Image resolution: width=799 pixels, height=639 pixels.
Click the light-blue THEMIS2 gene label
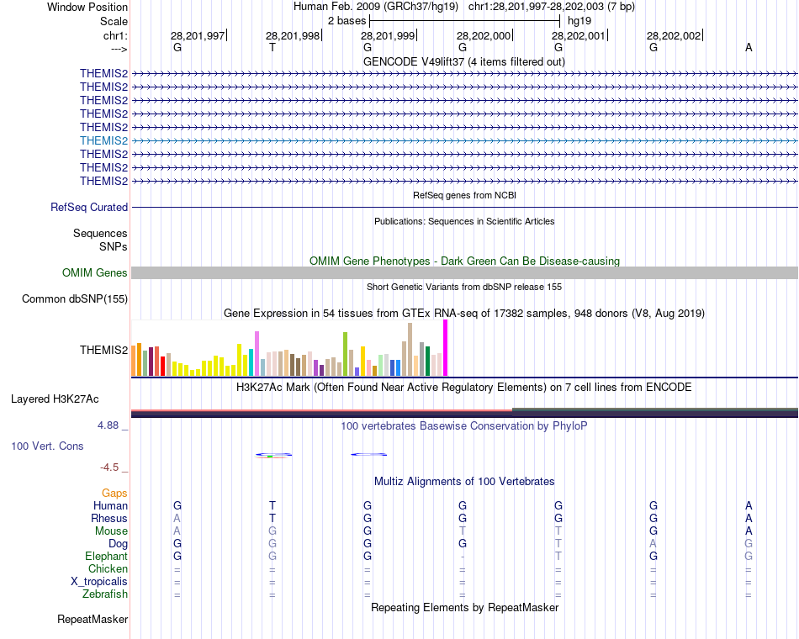point(103,140)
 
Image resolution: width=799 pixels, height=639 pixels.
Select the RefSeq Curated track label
point(89,207)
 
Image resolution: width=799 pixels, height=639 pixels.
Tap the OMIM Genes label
point(95,272)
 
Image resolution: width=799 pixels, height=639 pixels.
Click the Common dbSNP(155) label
point(75,298)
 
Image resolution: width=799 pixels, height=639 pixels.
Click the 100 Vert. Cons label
point(47,446)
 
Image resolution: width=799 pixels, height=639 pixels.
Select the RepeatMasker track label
point(93,620)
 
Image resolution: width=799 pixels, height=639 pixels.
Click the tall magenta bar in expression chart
point(445,348)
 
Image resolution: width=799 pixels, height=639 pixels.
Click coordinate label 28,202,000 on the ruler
point(484,35)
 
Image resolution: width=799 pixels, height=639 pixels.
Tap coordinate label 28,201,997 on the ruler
point(198,35)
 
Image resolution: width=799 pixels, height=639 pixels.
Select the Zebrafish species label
point(105,594)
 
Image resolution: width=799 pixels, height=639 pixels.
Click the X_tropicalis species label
point(99,582)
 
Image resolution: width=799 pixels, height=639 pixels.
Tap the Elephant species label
point(106,557)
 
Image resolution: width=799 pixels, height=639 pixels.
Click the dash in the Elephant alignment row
point(463,557)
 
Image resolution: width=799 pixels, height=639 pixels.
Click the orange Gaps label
point(114,494)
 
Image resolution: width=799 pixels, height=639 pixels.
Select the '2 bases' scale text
point(347,20)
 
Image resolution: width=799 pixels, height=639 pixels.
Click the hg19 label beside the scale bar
point(579,20)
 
